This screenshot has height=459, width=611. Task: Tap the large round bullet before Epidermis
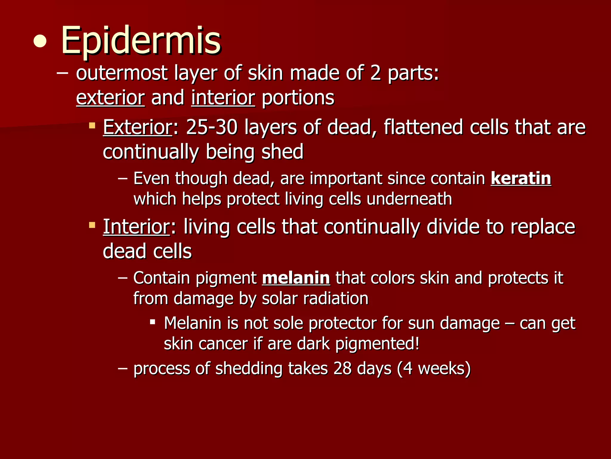click(x=40, y=42)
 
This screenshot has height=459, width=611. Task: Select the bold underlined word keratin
click(x=521, y=178)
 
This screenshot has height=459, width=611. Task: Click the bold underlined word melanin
click(x=296, y=278)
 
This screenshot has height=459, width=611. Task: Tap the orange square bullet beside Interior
click(x=92, y=224)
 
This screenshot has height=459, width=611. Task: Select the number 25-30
click(x=212, y=127)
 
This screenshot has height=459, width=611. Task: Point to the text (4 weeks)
click(x=434, y=368)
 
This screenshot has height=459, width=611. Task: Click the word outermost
click(x=122, y=73)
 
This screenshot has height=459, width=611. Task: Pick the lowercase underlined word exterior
click(x=110, y=98)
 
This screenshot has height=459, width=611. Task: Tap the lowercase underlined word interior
click(x=223, y=98)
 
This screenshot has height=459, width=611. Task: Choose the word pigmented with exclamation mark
click(x=377, y=344)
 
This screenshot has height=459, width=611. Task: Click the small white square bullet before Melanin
click(x=152, y=322)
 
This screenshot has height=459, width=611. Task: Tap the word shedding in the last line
click(x=249, y=368)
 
